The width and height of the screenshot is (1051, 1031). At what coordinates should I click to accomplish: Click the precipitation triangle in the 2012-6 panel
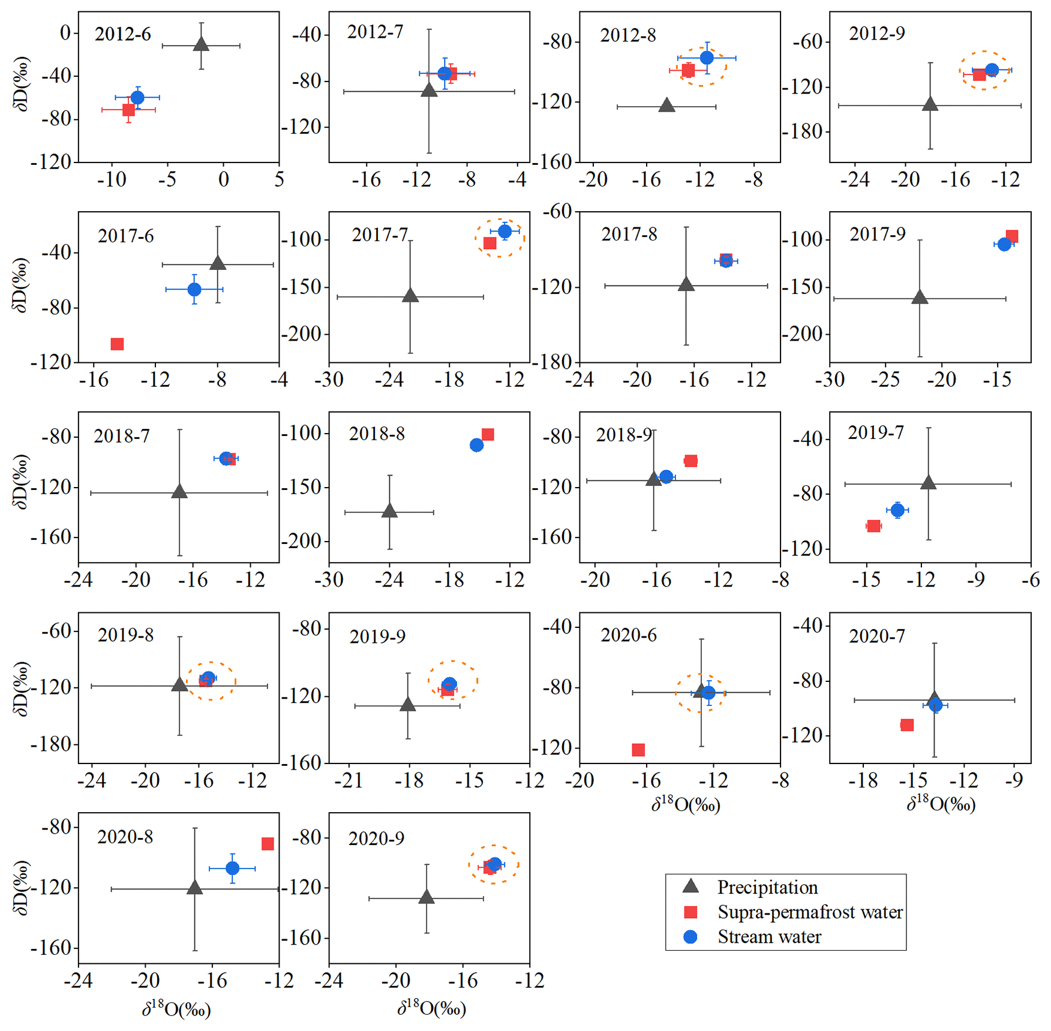[x=201, y=44]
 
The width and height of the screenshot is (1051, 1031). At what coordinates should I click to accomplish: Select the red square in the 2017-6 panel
[x=117, y=344]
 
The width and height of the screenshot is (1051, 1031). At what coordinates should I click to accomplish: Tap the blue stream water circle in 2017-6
[x=194, y=290]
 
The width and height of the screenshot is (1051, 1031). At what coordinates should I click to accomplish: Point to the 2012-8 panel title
[x=627, y=35]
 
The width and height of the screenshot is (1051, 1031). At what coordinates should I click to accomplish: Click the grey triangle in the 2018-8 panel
[x=389, y=511]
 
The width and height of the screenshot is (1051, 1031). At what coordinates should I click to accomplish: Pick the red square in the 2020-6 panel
[x=638, y=750]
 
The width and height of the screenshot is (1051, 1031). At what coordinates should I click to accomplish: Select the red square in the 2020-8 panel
[x=268, y=844]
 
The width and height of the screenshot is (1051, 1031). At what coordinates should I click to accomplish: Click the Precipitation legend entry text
[x=767, y=887]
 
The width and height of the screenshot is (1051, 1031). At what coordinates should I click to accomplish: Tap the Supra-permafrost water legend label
[x=810, y=912]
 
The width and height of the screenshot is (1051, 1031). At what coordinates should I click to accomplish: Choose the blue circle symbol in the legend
[x=690, y=937]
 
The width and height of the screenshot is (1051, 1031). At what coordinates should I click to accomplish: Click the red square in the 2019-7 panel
[x=873, y=526]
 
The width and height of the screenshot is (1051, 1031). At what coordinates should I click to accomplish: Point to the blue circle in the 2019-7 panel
[x=897, y=510]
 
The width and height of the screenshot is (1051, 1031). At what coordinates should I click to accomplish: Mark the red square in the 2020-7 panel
[x=907, y=725]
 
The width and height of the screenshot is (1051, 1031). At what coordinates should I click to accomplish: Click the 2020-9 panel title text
[x=376, y=838]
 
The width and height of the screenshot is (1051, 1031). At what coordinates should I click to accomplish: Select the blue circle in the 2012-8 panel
[x=707, y=58]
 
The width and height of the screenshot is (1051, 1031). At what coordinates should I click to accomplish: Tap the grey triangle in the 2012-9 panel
[x=930, y=104]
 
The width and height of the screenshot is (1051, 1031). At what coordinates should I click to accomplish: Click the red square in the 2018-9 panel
[x=690, y=461]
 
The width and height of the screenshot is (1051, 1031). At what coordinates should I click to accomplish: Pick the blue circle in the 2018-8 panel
[x=476, y=445]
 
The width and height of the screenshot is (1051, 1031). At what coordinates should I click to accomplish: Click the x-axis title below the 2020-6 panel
[x=686, y=804]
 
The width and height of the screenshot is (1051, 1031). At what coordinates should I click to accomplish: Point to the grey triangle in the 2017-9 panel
[x=920, y=297]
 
